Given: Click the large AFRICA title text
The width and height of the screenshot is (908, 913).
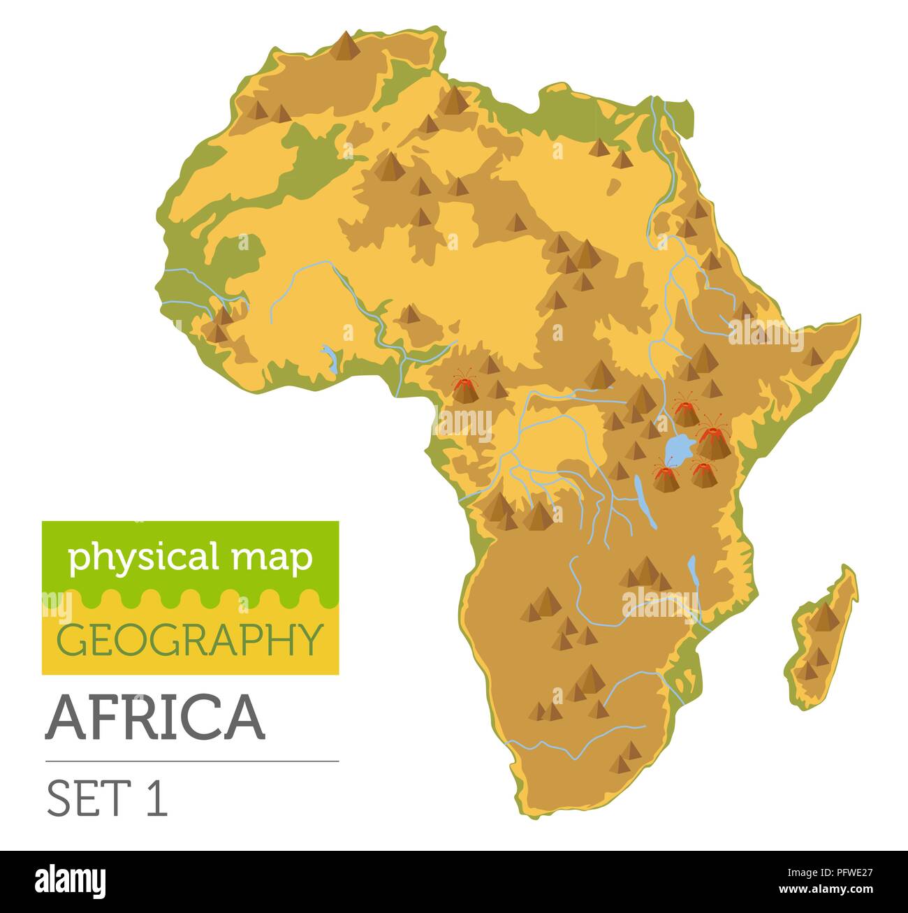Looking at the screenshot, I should pos(155,717).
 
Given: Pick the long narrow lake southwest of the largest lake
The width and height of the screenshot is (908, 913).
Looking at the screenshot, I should pos(644,502).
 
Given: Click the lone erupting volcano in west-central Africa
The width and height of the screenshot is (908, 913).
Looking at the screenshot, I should pos(463,388).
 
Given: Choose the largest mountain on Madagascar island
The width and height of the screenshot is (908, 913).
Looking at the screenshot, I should pos(826,617).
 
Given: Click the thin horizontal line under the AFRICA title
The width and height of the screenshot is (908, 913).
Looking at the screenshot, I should pos(191,761).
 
